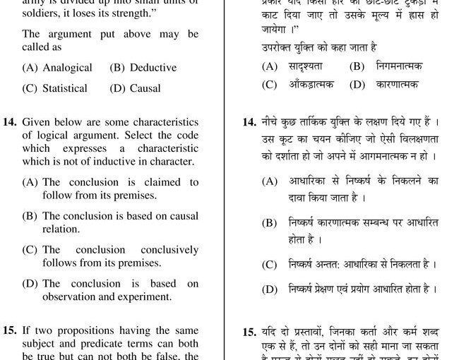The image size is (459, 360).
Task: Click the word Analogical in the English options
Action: (67, 68)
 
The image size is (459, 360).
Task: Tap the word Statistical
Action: (65, 88)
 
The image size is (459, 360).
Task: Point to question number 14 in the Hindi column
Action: (249, 122)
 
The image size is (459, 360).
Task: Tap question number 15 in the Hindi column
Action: (249, 332)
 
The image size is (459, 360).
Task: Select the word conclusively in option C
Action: (169, 250)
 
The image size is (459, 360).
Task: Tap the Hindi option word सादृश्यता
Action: (305, 66)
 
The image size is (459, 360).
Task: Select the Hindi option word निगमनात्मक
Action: (395, 66)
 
